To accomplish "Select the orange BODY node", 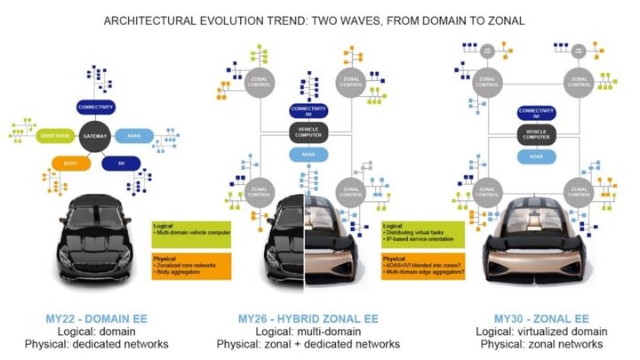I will point(72,164).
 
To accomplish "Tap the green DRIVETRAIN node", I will point(52,136).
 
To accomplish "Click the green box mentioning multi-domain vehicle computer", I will point(189,233).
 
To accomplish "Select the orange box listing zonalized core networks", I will point(189,265).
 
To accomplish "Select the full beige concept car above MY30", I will point(534,247).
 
